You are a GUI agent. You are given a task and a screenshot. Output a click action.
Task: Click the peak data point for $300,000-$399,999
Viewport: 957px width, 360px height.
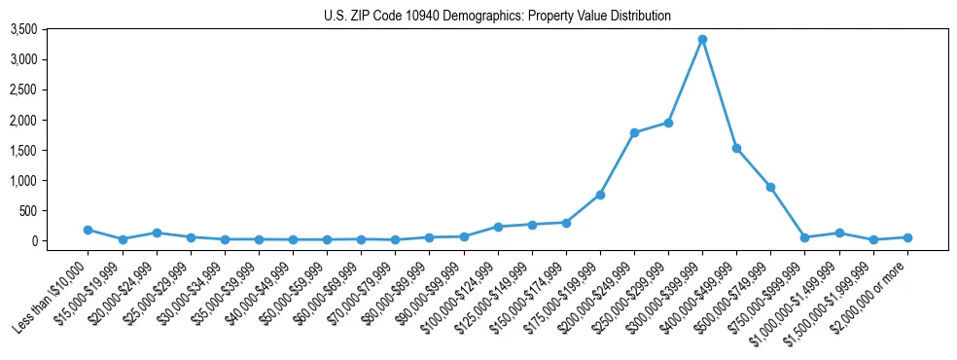[702, 40]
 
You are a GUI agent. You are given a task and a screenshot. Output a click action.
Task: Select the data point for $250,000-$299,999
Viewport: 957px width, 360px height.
[668, 123]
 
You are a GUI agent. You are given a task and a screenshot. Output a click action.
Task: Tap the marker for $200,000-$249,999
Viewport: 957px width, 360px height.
[634, 132]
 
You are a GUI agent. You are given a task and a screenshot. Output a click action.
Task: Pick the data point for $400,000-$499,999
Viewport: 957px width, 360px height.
[736, 149]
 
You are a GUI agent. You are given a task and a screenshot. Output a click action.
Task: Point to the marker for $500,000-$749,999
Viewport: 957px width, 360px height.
[770, 187]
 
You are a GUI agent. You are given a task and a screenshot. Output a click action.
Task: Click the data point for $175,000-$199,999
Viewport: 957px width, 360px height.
[600, 195]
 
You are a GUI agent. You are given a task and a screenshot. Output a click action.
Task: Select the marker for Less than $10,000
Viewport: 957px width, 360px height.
[89, 230]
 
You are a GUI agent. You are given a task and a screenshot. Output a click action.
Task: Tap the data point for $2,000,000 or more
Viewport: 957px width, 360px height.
[906, 237]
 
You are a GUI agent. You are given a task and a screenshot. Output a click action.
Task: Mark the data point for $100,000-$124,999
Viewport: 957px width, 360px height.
[498, 227]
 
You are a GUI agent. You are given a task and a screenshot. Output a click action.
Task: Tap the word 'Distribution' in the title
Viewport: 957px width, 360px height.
[639, 17]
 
